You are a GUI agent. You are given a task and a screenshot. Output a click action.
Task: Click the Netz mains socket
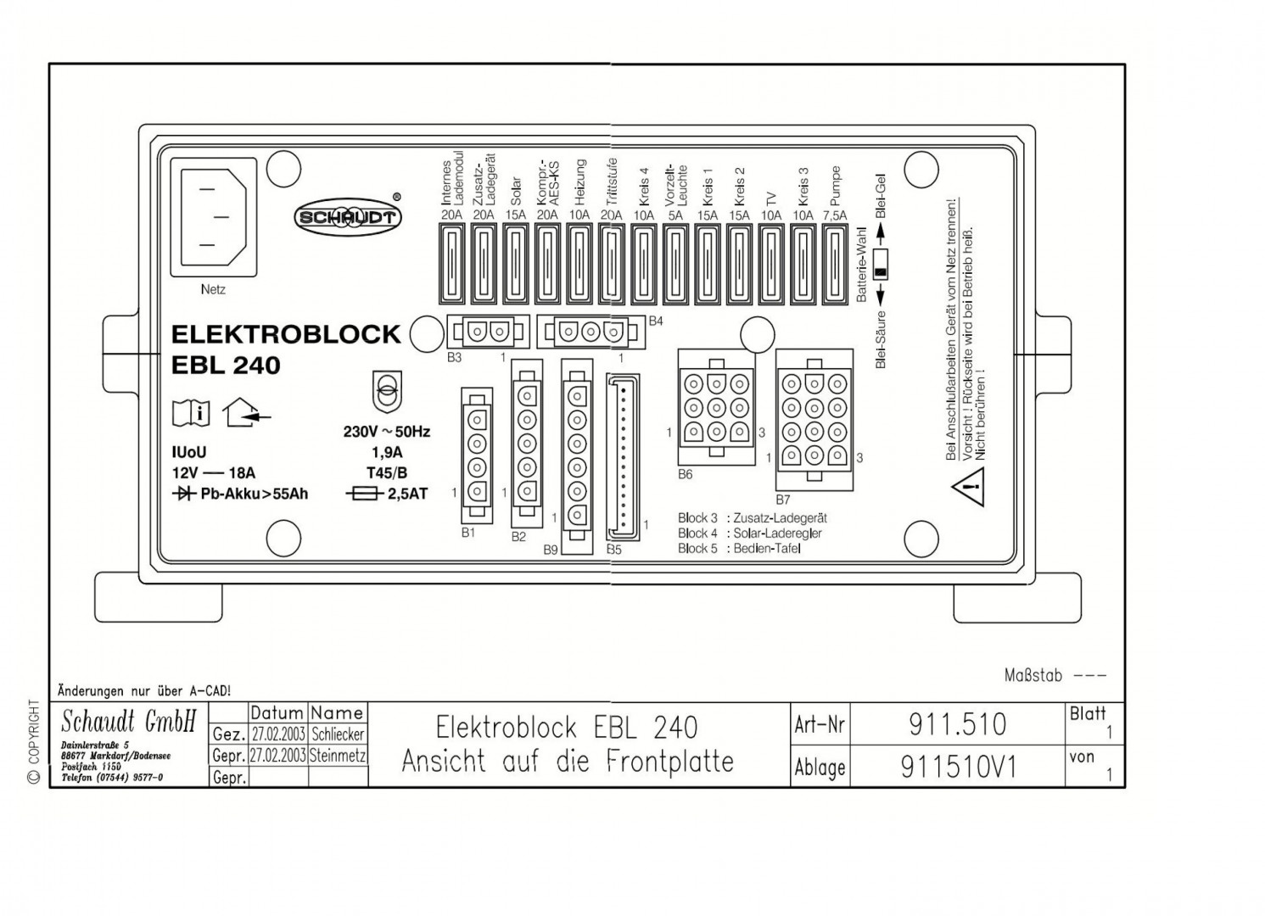[212, 218]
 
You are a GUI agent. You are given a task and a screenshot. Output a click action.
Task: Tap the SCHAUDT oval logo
[347, 218]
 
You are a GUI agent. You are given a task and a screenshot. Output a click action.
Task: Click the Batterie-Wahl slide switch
[881, 263]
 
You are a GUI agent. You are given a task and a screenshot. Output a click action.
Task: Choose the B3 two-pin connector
[487, 331]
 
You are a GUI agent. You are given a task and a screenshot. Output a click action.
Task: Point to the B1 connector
[476, 455]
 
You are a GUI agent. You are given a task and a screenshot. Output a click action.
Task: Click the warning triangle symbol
[969, 488]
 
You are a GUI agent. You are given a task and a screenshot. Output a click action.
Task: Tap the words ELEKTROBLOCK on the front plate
[285, 334]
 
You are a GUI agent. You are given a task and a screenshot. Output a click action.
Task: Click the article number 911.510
[957, 724]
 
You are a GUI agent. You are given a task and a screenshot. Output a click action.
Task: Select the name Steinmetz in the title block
[338, 755]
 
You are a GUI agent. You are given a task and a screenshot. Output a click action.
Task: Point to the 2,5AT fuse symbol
[365, 494]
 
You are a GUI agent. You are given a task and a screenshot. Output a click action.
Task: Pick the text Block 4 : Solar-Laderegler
[750, 533]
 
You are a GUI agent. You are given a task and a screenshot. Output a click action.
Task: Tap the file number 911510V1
[957, 767]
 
